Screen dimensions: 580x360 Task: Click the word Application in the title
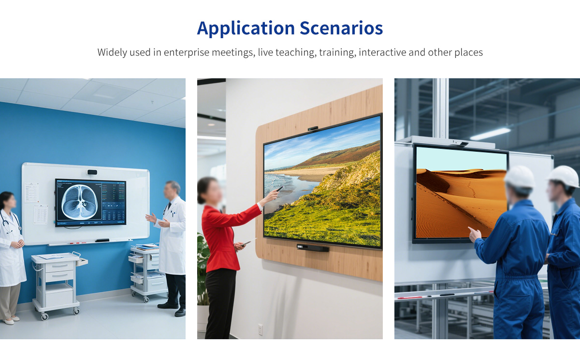pyautogui.click(x=246, y=29)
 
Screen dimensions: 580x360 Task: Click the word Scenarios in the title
pyautogui.click(x=341, y=28)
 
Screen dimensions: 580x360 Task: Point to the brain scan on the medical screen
pyautogui.click(x=79, y=202)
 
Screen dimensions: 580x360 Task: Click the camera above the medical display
pyautogui.click(x=92, y=172)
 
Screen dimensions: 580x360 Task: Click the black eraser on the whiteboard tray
pyautogui.click(x=102, y=241)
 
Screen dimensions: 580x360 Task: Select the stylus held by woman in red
pyautogui.click(x=279, y=188)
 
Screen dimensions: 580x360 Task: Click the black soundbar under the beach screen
pyautogui.click(x=313, y=248)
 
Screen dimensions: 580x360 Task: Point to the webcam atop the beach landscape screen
pyautogui.click(x=313, y=129)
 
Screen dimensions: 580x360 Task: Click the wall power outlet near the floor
pyautogui.click(x=260, y=330)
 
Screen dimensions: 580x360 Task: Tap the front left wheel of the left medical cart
pyautogui.click(x=44, y=316)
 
